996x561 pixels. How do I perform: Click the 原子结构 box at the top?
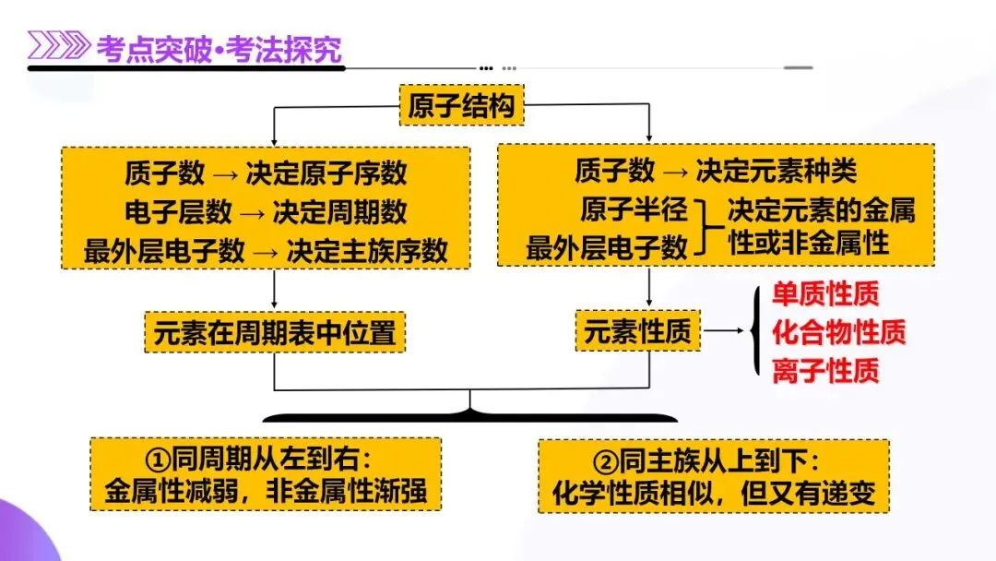tap(462, 107)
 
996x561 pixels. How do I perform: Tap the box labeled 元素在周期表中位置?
tap(276, 331)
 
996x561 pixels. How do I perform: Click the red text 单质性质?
tap(825, 294)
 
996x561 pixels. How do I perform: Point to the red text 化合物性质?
tap(838, 331)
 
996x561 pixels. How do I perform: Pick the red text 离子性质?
tap(825, 370)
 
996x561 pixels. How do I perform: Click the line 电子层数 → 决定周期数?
tap(266, 211)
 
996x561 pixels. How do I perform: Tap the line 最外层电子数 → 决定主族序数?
tap(266, 250)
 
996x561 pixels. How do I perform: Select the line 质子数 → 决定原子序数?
tap(266, 173)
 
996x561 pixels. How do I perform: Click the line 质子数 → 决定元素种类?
tap(716, 171)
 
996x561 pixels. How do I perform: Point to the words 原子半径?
tap(634, 209)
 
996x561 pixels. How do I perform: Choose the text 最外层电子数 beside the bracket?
tap(607, 247)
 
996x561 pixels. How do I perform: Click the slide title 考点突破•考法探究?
tap(219, 48)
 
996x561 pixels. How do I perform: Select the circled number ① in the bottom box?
tap(159, 457)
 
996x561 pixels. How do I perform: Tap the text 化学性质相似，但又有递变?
tap(713, 491)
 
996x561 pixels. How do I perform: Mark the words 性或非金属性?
tap(808, 244)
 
